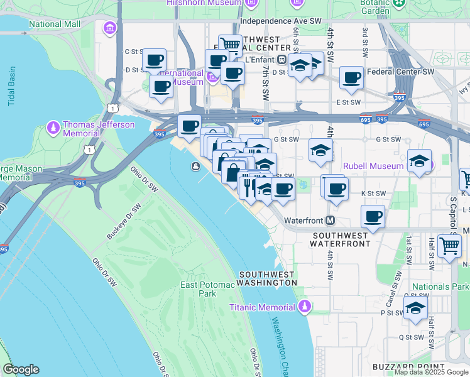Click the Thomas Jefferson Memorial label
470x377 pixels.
[x=98, y=129]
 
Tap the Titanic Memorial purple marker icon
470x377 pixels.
[x=305, y=307]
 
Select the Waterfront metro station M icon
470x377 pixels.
[x=330, y=221]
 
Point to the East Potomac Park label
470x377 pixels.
[x=207, y=289]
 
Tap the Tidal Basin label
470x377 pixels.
[x=11, y=86]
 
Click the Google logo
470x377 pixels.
[x=21, y=369]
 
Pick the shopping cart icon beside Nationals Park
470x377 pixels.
[x=449, y=246]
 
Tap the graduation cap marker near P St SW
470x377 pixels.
[x=415, y=308]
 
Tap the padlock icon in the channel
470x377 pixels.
[x=196, y=166]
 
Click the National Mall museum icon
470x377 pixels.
[x=111, y=28]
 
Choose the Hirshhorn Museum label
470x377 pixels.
[x=203, y=3]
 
